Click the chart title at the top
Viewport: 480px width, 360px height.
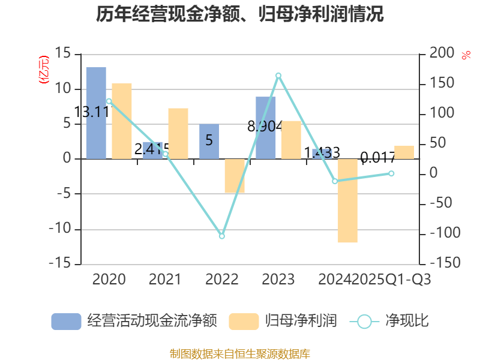239,14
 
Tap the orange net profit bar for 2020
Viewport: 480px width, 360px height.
122,121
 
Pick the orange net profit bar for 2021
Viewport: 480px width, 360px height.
178,133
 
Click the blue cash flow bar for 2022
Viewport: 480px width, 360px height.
209,142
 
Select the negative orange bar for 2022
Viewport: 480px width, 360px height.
235,176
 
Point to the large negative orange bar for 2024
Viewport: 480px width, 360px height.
347,200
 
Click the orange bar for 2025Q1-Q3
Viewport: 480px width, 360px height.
404,152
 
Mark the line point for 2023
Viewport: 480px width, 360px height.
278,75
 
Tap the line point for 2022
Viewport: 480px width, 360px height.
222,236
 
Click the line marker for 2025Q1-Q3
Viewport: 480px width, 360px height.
391,173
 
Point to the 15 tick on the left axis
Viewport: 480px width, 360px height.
63,54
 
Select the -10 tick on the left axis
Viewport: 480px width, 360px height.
59,229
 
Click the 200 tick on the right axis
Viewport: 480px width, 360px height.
442,54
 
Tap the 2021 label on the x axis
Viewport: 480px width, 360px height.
165,280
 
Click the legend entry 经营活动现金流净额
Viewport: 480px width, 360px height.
134,321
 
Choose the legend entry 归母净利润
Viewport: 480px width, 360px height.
283,321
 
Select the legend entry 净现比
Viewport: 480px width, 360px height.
390,321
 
